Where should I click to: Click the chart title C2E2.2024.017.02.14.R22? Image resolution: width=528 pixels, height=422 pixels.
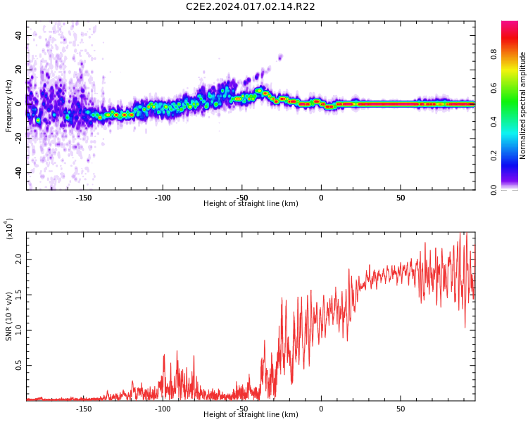(250, 6)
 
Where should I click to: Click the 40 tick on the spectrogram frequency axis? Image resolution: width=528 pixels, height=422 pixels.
(18, 35)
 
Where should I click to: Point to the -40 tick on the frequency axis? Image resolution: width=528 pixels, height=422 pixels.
(17, 172)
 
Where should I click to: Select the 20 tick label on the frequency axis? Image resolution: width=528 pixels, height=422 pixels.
(18, 70)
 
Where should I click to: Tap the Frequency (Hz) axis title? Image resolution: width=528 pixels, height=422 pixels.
(9, 105)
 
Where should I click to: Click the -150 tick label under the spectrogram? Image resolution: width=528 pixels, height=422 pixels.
(84, 198)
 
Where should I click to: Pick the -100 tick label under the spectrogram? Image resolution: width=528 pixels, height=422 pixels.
(163, 198)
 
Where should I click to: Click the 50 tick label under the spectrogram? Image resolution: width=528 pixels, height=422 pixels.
(400, 198)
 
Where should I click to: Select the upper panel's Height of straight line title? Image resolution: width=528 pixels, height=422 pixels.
(251, 204)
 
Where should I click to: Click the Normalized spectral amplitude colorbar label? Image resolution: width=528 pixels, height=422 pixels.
(523, 105)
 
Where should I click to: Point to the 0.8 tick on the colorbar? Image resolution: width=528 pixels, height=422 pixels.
(494, 53)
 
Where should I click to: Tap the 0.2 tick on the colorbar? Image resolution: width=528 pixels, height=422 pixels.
(494, 155)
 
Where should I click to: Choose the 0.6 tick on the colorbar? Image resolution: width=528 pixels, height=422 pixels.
(494, 88)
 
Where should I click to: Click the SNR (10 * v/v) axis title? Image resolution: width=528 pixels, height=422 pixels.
(9, 316)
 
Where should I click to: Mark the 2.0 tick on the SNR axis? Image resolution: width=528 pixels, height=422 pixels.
(18, 260)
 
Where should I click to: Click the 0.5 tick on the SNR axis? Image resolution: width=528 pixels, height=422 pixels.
(18, 365)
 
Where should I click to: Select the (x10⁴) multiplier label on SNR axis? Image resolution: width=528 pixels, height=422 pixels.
(9, 229)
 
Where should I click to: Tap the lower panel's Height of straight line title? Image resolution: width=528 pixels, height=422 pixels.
(251, 415)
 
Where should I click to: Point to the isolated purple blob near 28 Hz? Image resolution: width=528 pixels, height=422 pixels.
(280, 57)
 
